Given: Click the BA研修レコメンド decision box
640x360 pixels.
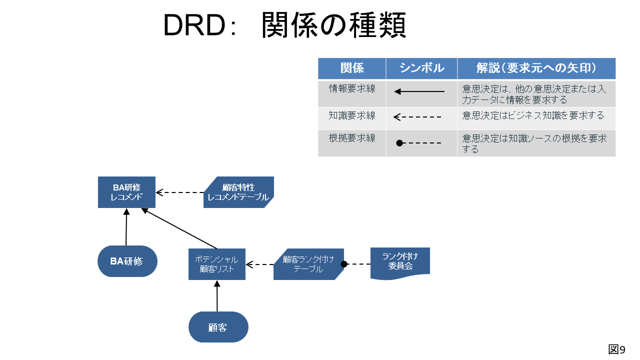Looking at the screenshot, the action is coord(126,192).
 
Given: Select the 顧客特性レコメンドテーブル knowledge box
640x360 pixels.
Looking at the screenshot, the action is coord(238,192).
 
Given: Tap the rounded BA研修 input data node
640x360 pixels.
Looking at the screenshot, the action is coord(127,261).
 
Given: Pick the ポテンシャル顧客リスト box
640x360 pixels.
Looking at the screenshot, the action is coord(217,264).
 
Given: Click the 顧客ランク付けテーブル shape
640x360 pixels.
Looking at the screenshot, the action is coord(308,264).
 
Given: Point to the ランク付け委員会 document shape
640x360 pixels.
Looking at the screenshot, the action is coord(400,263).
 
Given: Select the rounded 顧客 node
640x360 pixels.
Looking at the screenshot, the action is coord(218,327).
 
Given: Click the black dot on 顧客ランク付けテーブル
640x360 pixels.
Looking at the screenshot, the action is coord(344,264).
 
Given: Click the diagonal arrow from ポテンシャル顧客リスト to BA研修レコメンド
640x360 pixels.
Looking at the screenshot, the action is coord(179,228).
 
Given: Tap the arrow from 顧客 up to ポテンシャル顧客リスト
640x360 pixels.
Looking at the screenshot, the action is coord(217,295).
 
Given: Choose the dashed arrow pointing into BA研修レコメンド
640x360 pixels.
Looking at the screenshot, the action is coord(179,192).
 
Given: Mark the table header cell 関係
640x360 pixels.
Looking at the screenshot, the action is coord(351,68).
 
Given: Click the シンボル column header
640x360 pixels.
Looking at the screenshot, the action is coord(421,68).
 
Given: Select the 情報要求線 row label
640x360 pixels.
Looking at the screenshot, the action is coord(352,88).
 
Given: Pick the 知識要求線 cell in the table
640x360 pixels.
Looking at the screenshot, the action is coord(352,115).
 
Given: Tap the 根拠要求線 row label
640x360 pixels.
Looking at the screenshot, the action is coord(352,138).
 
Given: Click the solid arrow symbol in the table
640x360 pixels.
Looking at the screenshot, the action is coord(419,91).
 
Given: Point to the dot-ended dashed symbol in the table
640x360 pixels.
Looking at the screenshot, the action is coord(418,143).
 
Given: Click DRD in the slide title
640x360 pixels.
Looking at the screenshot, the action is coord(194,25).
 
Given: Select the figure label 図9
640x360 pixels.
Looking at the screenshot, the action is coord(616,349).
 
